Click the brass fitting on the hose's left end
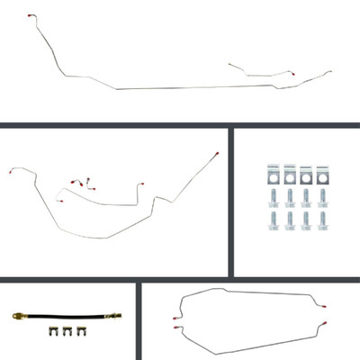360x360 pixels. point(19,317)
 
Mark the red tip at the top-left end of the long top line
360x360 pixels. point(31,17)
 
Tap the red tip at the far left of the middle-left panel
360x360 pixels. point(10,173)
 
